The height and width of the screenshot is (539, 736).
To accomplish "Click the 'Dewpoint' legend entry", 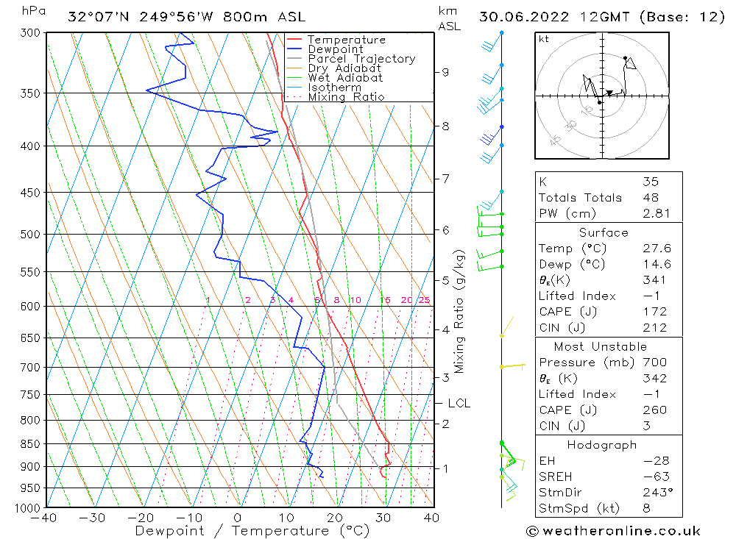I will [x=335, y=49].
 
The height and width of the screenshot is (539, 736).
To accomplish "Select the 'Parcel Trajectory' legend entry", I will [x=361, y=59].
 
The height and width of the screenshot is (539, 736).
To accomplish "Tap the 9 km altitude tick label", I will [x=445, y=72].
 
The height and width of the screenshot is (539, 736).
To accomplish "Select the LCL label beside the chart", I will [x=459, y=403].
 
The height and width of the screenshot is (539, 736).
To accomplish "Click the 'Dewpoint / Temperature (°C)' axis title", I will [x=252, y=530].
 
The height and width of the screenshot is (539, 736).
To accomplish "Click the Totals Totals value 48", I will [x=651, y=197].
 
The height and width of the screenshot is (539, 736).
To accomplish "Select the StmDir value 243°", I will [x=656, y=493].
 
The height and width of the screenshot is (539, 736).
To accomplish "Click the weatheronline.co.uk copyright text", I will [x=613, y=530].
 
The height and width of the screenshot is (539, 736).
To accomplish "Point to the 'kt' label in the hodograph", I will [x=543, y=39].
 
